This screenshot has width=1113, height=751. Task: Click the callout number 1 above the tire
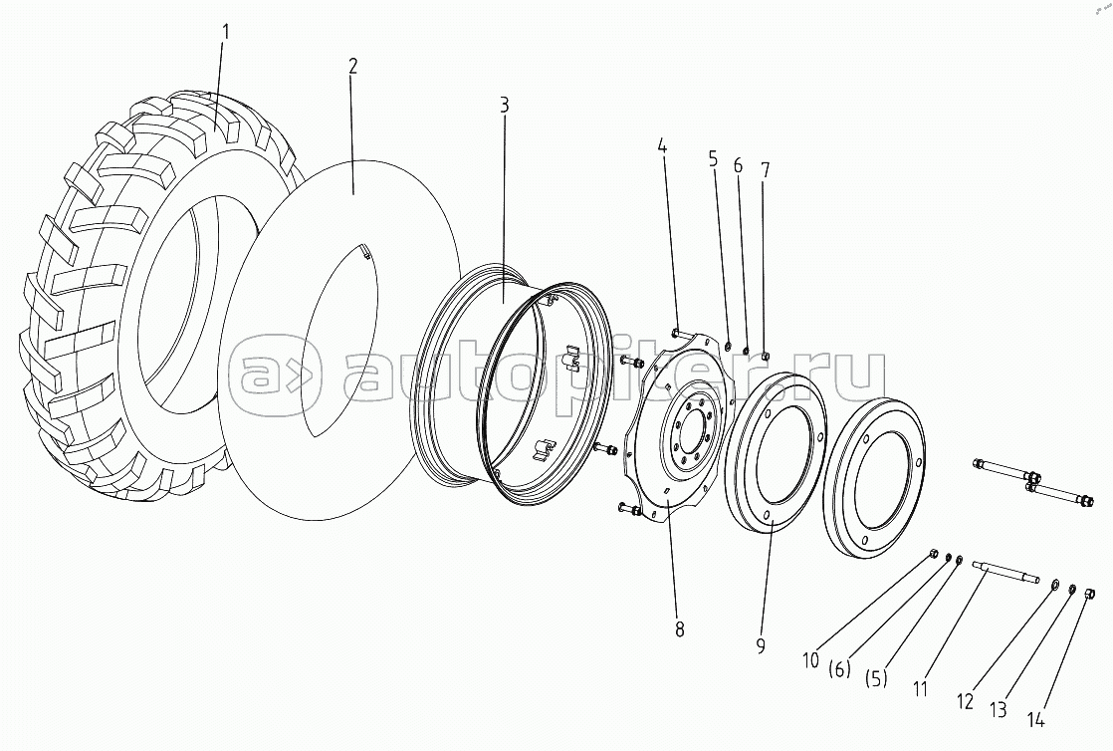tap(225, 31)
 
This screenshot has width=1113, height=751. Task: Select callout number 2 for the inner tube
tap(352, 66)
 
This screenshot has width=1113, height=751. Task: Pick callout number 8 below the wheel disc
tap(679, 628)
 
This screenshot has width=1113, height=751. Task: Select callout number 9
tap(761, 646)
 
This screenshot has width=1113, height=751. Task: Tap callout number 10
tap(810, 659)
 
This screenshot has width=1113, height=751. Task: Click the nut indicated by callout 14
tap(1088, 595)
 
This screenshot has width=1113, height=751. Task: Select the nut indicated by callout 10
tap(933, 553)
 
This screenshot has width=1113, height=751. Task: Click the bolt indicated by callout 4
tap(677, 333)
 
